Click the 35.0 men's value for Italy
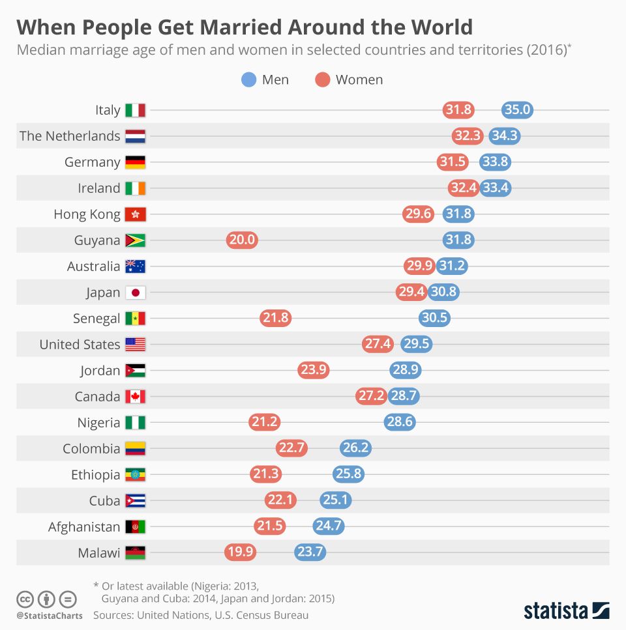click(517, 109)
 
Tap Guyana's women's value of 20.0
click(242, 240)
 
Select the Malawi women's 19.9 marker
click(241, 552)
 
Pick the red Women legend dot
click(323, 79)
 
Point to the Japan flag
click(136, 292)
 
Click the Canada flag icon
click(136, 396)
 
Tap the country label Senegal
click(97, 318)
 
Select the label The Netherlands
click(70, 136)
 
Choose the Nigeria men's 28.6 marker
click(399, 422)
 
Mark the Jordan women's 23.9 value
click(314, 370)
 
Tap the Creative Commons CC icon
click(25, 599)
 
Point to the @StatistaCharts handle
click(50, 615)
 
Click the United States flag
click(136, 344)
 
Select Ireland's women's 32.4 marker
click(464, 188)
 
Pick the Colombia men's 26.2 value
click(355, 448)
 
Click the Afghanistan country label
click(84, 526)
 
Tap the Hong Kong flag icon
click(136, 214)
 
